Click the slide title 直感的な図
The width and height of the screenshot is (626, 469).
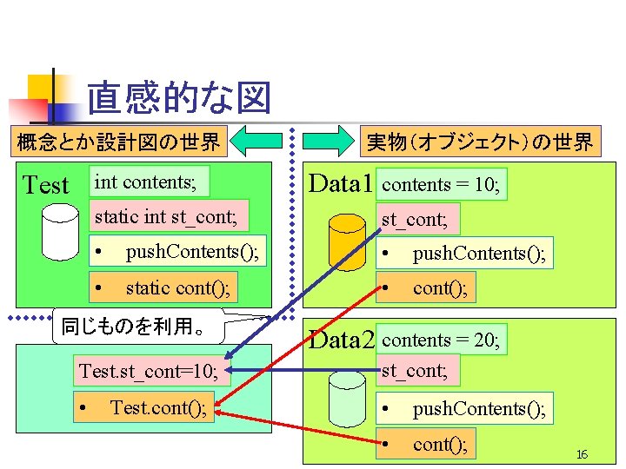[x=179, y=98]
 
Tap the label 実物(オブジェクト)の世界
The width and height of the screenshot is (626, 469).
[x=479, y=141]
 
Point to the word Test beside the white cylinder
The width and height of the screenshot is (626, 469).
[x=45, y=185]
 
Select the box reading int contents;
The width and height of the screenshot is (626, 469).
[x=150, y=182]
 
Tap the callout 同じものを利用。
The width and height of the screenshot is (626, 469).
[x=138, y=327]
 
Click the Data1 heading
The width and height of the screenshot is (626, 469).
[x=341, y=184]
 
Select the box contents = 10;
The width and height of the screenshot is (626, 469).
[x=441, y=184]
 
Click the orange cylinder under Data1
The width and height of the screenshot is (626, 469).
[x=348, y=240]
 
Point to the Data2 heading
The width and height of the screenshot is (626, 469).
[x=341, y=340]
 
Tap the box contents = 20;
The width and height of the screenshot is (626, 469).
[x=441, y=340]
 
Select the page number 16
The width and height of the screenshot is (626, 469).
[x=582, y=455]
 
